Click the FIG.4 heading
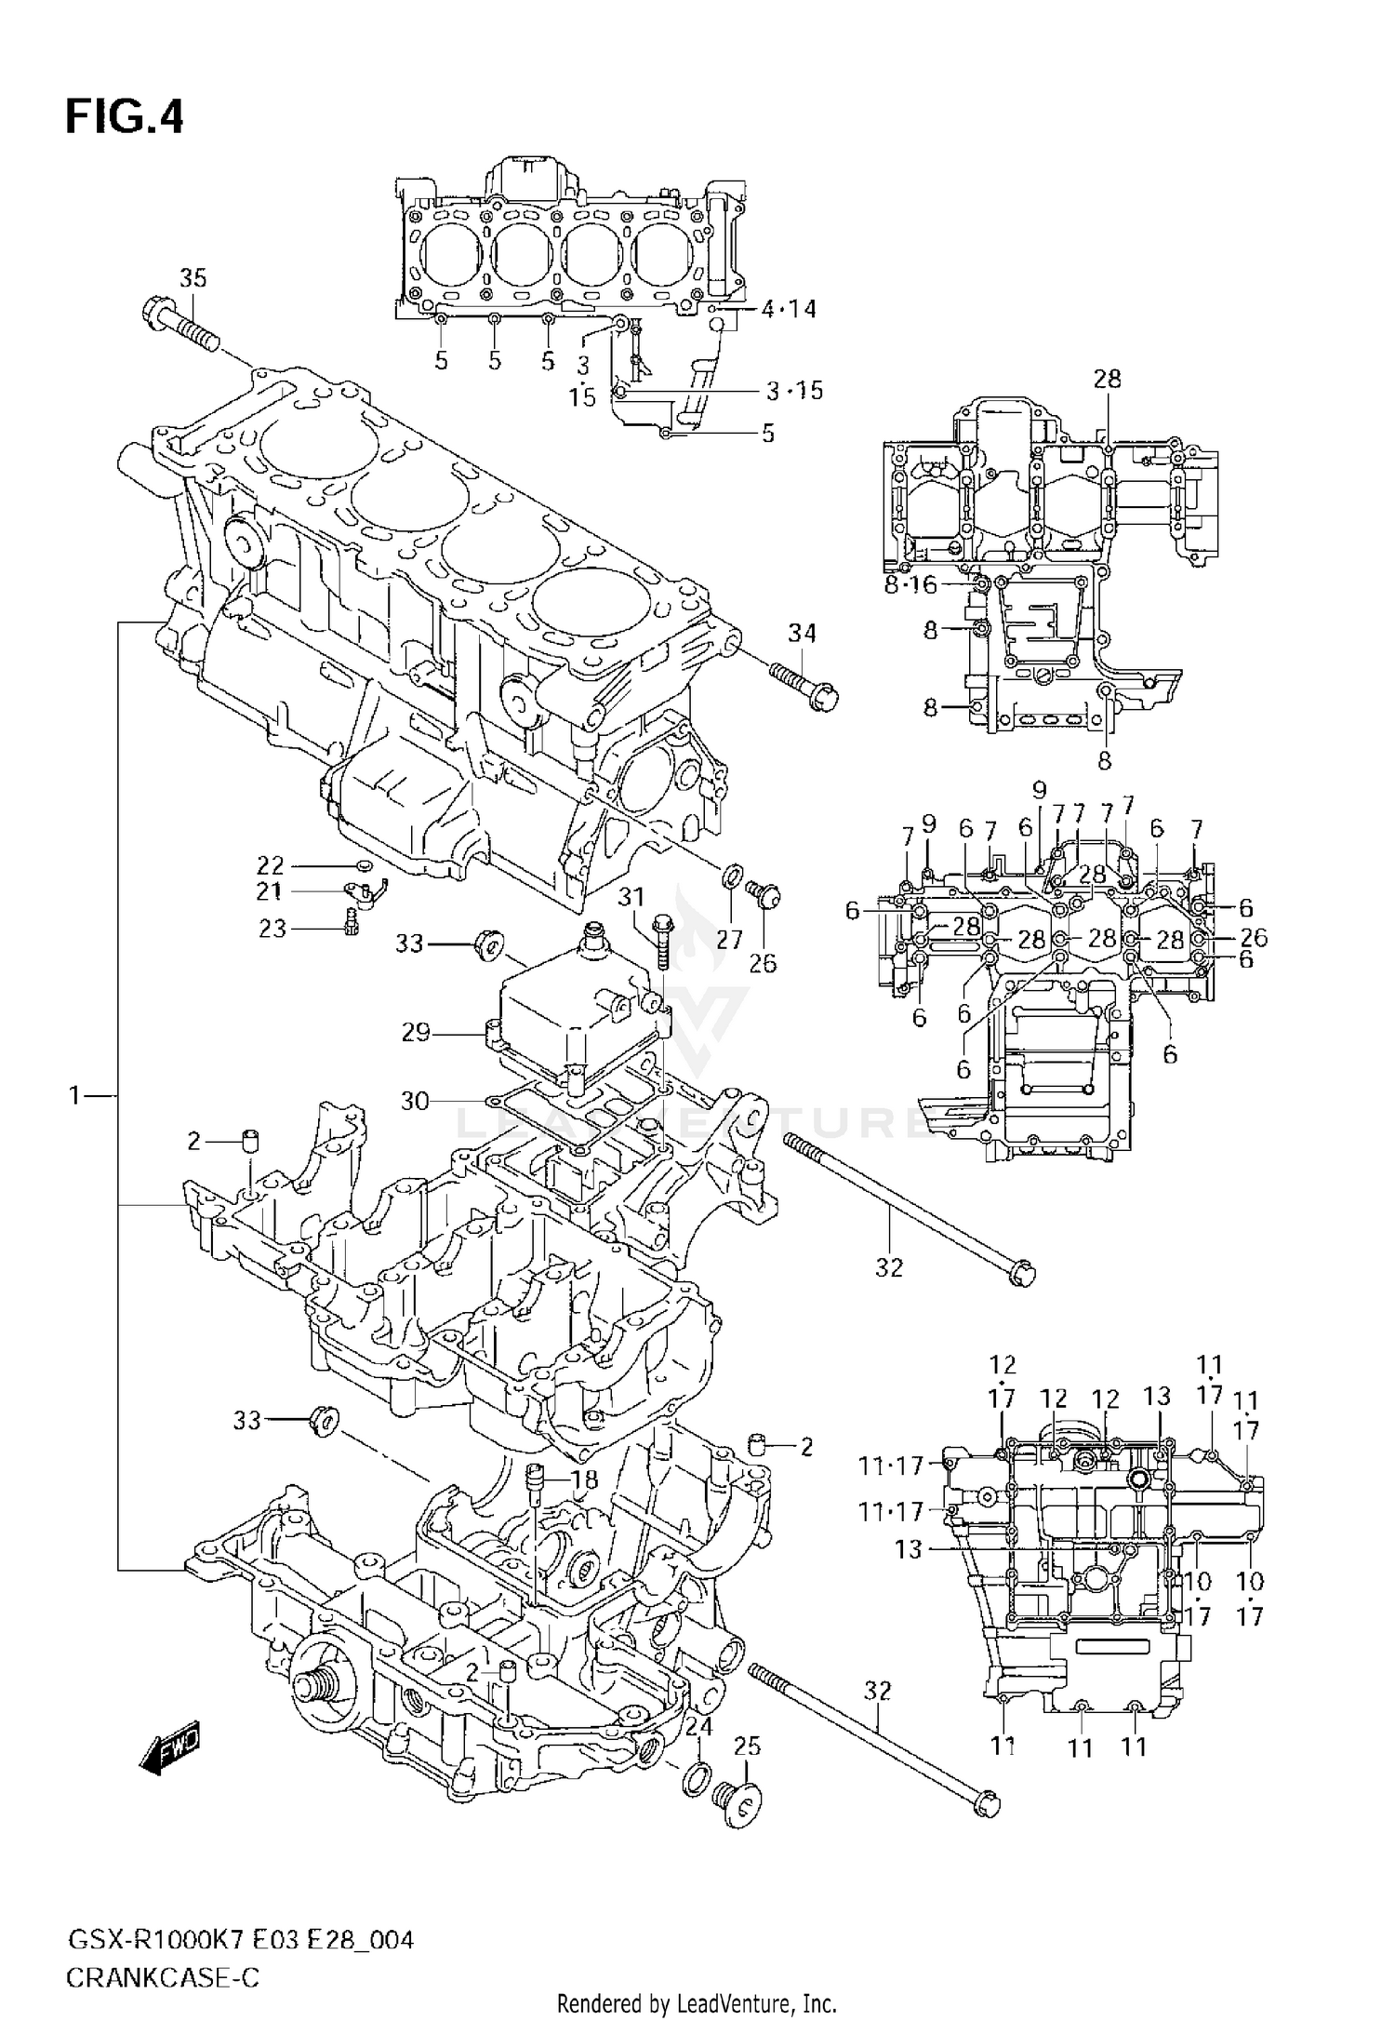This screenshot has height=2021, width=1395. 124,119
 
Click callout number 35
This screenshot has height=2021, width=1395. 193,277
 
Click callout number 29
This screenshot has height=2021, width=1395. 415,1032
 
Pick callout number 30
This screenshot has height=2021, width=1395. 415,1101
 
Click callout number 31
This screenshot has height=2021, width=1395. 631,897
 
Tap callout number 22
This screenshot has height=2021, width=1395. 270,865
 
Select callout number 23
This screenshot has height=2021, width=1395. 272,928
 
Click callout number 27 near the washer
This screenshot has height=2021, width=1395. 729,940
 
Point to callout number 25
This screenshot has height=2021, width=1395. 747,1747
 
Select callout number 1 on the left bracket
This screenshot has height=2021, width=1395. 75,1096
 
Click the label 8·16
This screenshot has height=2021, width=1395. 910,584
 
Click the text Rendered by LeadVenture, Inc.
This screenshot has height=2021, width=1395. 697,2004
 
